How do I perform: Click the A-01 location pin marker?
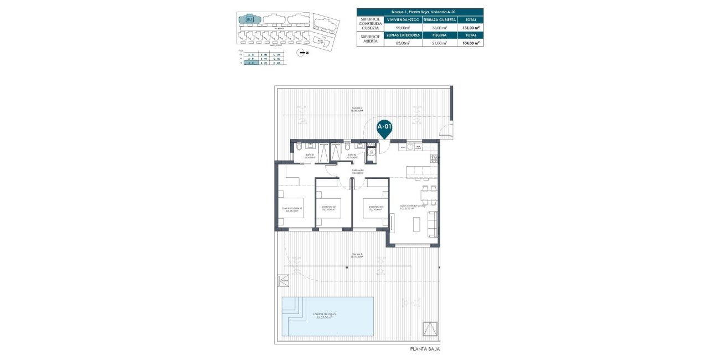384,127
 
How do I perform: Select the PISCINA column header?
439,35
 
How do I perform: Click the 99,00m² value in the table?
403,27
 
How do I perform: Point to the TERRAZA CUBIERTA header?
439,19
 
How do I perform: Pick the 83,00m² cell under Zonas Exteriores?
403,43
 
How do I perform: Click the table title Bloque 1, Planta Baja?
420,12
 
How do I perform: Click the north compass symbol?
301,53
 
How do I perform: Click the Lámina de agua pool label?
326,316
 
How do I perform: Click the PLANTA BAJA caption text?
425,349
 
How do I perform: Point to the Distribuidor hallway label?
357,171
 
